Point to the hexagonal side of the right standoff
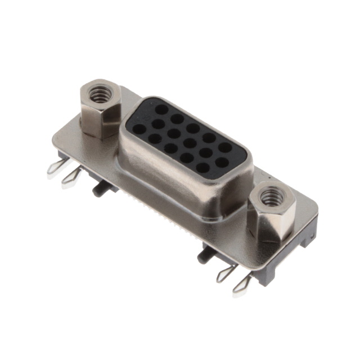269,224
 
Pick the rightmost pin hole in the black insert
225,147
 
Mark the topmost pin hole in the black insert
162,109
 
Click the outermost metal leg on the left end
57,167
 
